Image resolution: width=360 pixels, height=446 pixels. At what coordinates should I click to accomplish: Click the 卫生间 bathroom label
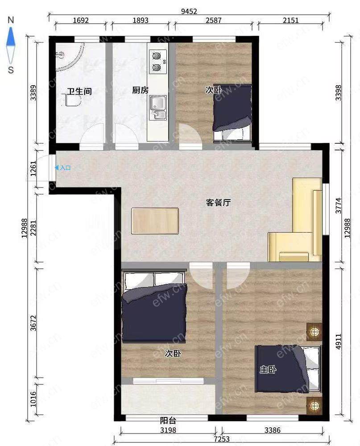(x=79, y=92)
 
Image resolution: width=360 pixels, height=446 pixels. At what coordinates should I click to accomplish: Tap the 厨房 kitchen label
(x=140, y=90)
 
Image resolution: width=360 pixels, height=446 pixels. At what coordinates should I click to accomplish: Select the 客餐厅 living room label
(x=218, y=203)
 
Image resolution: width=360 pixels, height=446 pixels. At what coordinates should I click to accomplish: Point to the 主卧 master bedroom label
(x=268, y=370)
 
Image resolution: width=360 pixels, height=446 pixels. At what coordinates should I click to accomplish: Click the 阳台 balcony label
(x=168, y=420)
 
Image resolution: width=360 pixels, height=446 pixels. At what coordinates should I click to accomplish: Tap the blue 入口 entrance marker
(x=63, y=168)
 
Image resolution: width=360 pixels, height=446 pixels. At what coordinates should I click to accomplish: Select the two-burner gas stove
(x=158, y=62)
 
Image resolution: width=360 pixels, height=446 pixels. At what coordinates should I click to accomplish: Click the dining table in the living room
(x=155, y=221)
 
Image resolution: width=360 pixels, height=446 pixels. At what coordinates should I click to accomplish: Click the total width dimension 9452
(x=189, y=11)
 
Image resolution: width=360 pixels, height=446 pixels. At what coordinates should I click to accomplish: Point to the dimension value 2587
(x=213, y=21)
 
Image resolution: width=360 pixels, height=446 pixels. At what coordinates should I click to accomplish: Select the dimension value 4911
(x=338, y=342)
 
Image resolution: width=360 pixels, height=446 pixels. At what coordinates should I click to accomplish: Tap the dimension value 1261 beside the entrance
(x=33, y=168)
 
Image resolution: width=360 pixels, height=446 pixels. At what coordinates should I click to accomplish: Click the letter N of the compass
(x=11, y=20)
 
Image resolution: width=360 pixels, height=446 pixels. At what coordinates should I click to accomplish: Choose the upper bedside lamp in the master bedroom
(x=314, y=332)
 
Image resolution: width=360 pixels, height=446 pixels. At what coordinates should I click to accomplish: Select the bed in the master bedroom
(x=288, y=369)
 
